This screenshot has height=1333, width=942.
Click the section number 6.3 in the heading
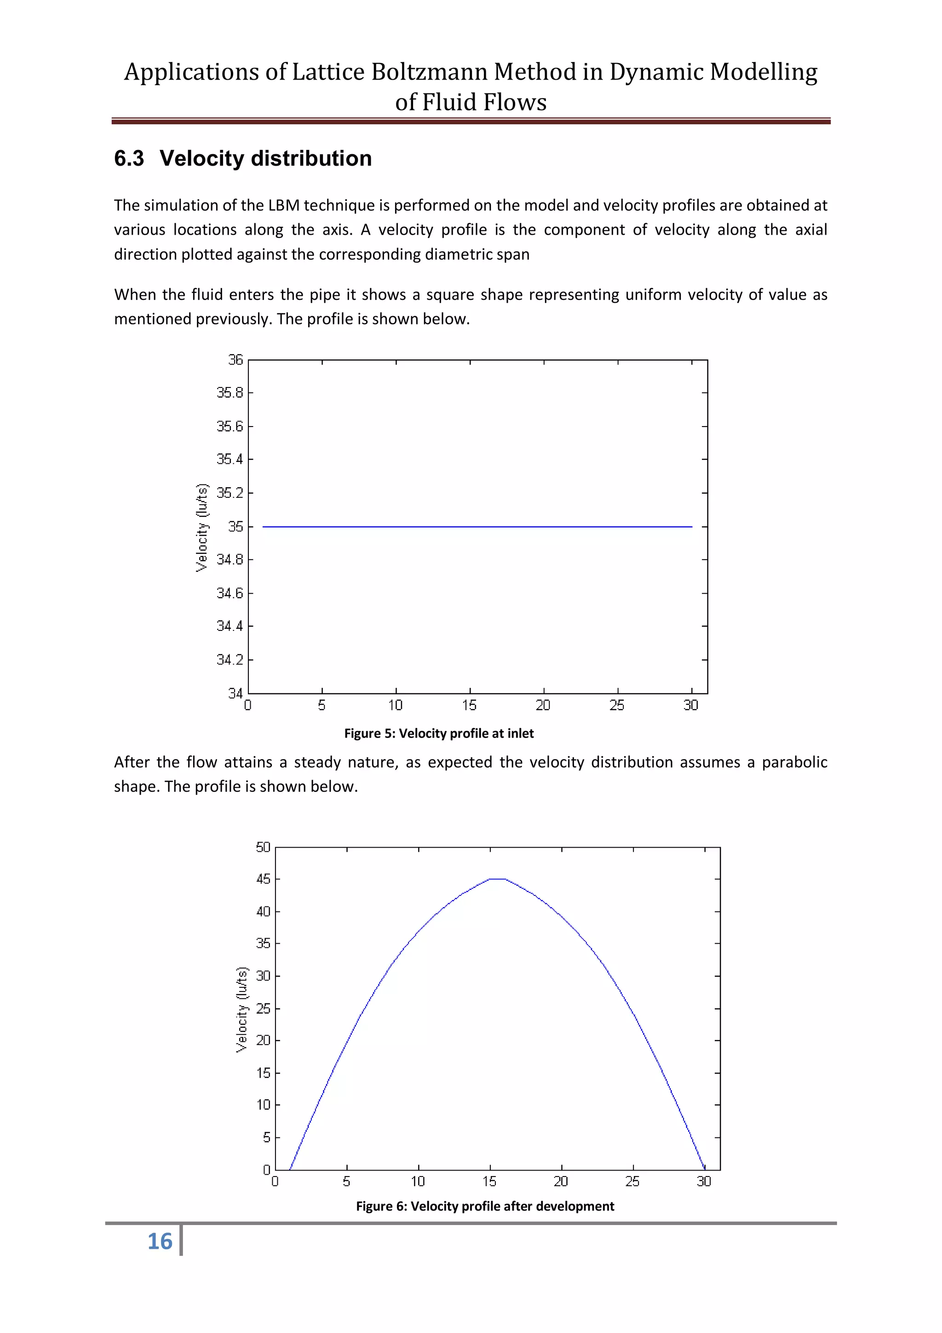pyautogui.click(x=129, y=158)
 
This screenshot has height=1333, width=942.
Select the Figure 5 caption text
pyautogui.click(x=439, y=733)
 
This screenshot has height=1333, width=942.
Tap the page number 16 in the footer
pyautogui.click(x=160, y=1242)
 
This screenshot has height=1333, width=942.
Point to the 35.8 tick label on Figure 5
pyautogui.click(x=230, y=393)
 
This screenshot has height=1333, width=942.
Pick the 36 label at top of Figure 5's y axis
pyautogui.click(x=235, y=360)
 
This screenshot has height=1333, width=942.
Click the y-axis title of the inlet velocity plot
pyautogui.click(x=201, y=527)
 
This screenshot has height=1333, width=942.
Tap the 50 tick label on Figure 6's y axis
pyautogui.click(x=263, y=847)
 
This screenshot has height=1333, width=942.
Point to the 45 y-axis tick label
pyautogui.click(x=263, y=879)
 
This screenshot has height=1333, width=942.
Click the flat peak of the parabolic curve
pyautogui.click(x=497, y=879)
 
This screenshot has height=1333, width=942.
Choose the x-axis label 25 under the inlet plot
pyautogui.click(x=617, y=705)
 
